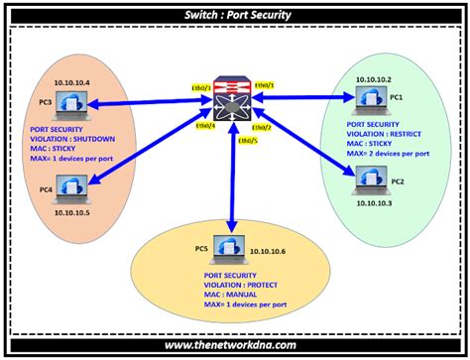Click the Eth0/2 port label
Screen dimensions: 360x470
[261, 128]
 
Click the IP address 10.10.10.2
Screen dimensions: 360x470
[370, 78]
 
